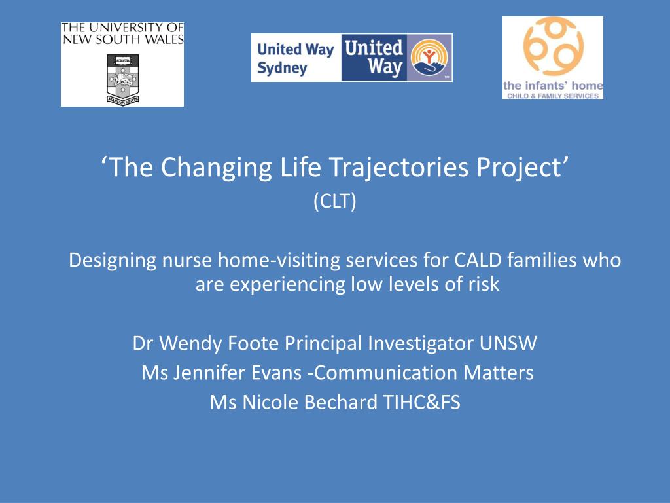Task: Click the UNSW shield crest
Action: [x=122, y=79]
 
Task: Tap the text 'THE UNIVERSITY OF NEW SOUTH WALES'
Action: [x=122, y=34]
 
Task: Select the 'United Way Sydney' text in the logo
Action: [x=295, y=58]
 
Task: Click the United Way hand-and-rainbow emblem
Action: [x=429, y=58]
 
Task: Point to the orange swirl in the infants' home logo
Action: [x=554, y=47]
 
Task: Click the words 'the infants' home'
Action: [x=553, y=86]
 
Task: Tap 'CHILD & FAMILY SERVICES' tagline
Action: [x=553, y=96]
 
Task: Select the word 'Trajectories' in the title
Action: [x=400, y=168]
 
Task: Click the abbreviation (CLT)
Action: [x=334, y=201]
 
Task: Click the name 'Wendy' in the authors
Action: [x=190, y=343]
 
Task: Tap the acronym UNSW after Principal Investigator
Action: [x=508, y=343]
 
